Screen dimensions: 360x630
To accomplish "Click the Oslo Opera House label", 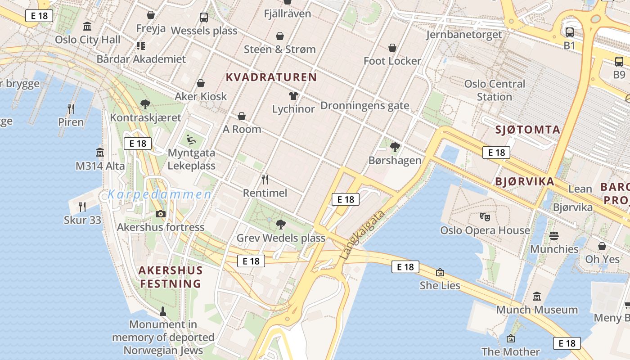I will (485, 230).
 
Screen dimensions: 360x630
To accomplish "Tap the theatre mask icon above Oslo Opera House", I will (485, 217).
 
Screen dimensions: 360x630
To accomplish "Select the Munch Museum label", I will (537, 310).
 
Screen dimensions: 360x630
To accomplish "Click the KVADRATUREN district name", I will (271, 77).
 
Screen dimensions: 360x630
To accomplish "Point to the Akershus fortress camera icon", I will (161, 214).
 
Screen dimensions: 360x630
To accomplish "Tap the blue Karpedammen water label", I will (159, 195).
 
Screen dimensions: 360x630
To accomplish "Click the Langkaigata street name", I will (363, 234).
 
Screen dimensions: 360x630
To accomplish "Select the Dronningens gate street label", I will (364, 106).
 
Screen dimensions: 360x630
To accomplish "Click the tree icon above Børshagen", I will (395, 147).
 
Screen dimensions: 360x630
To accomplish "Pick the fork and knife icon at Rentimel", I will (265, 180).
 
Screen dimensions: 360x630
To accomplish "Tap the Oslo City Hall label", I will (88, 40).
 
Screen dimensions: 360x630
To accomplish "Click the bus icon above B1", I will (570, 32).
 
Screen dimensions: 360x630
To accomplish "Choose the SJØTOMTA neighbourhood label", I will (527, 130).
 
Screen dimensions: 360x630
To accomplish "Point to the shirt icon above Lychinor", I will (293, 95).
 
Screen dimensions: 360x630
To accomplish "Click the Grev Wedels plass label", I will (281, 238).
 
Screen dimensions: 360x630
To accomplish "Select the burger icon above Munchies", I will (554, 236).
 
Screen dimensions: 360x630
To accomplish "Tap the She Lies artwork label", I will (440, 285).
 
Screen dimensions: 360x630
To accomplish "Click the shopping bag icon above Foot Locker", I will (392, 48).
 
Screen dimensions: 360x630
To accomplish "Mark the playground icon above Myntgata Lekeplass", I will (192, 139).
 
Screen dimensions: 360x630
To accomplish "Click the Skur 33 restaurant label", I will (82, 220).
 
